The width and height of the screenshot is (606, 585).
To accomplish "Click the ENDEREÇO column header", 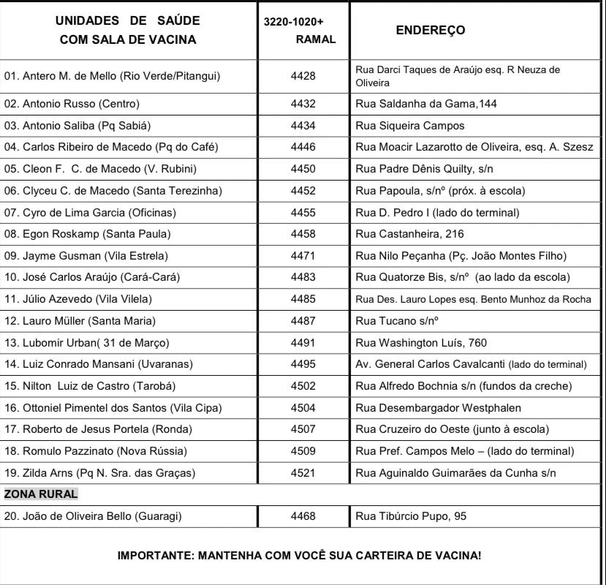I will (x=430, y=31).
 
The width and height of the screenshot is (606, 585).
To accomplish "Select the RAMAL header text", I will (x=316, y=40).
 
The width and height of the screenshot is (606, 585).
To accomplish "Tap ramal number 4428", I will (x=303, y=76).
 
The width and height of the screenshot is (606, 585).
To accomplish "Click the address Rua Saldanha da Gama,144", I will (x=425, y=104).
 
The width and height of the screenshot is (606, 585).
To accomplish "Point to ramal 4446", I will (x=303, y=147).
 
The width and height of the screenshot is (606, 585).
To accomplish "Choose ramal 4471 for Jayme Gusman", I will (x=303, y=256).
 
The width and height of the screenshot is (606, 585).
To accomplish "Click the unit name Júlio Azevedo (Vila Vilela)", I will (x=80, y=299).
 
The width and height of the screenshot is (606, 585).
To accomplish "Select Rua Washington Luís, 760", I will (x=421, y=343).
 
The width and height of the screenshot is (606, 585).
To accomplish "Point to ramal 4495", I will (x=303, y=364).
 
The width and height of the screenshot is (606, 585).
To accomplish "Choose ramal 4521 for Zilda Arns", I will (x=303, y=473).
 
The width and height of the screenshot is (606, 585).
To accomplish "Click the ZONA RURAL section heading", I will (x=41, y=494).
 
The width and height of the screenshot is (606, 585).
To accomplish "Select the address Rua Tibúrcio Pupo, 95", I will (x=410, y=516).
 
